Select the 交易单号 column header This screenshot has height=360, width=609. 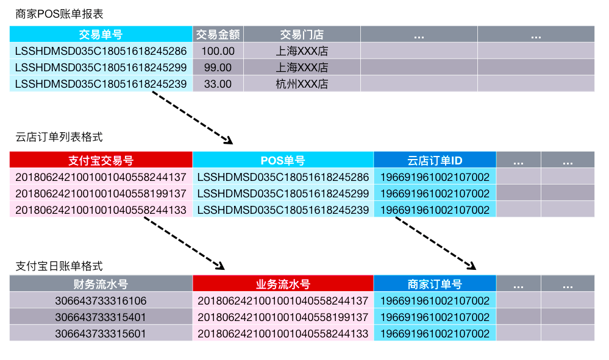click(x=101, y=35)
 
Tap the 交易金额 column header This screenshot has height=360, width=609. click(x=218, y=35)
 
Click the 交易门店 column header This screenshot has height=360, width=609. click(x=302, y=35)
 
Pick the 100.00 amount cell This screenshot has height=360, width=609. click(x=218, y=51)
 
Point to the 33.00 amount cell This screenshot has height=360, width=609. click(x=218, y=84)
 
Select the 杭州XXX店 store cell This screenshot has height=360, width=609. click(x=302, y=84)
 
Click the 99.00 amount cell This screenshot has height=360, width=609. click(x=218, y=68)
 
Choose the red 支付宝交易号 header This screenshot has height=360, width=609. click(x=101, y=160)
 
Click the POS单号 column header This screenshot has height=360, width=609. click(x=283, y=160)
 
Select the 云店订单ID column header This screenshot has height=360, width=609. click(x=435, y=160)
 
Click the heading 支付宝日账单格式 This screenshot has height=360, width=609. click(x=59, y=266)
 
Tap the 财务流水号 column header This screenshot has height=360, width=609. click(x=101, y=284)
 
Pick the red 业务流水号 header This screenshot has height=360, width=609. click(x=283, y=284)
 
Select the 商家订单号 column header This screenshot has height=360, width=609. click(x=435, y=284)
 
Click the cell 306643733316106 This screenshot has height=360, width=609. click(x=101, y=301)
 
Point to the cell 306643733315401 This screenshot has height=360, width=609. click(x=101, y=317)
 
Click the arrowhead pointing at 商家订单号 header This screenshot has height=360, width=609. click(x=471, y=266)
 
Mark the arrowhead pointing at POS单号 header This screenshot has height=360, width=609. click(x=229, y=141)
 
